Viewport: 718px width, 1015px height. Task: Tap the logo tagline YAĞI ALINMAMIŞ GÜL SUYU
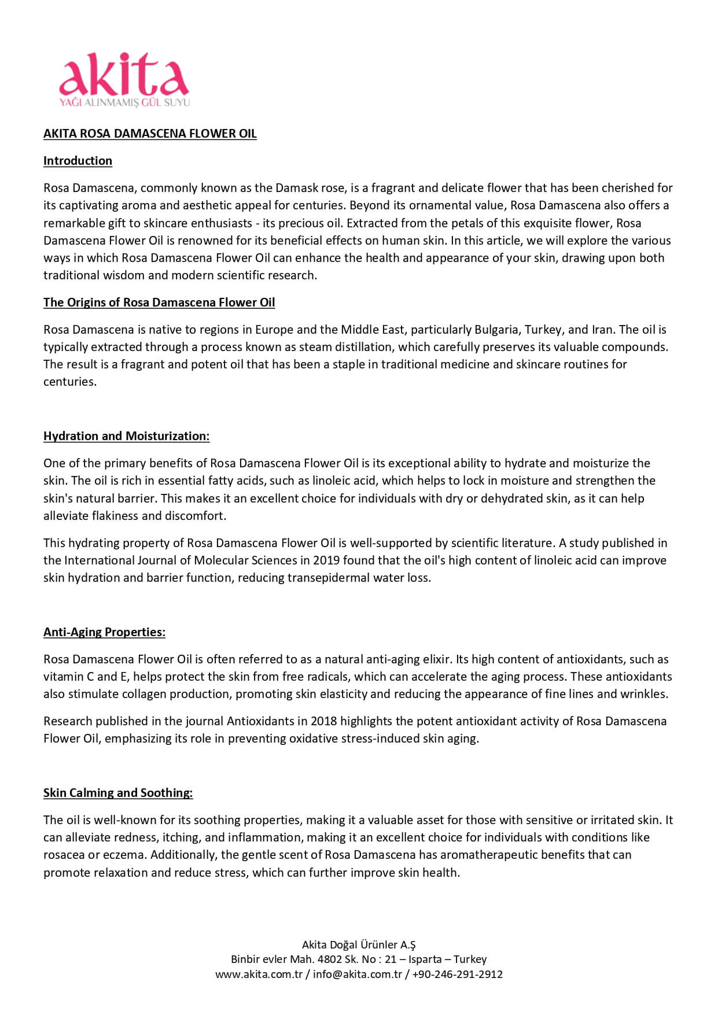[x=124, y=102]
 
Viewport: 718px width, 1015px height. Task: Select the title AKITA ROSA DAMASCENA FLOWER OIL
[x=150, y=134]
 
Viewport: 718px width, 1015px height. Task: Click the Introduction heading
[x=78, y=161]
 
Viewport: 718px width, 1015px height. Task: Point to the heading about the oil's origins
[x=159, y=302]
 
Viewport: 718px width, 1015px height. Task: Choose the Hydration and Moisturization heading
[x=126, y=436]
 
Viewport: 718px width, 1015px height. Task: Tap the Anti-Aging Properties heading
[x=104, y=632]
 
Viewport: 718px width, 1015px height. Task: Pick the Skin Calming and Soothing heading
[x=118, y=793]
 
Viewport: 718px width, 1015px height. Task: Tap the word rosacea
[x=65, y=855]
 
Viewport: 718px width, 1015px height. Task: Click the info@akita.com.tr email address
[x=357, y=974]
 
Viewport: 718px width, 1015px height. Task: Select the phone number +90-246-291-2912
[x=457, y=974]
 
